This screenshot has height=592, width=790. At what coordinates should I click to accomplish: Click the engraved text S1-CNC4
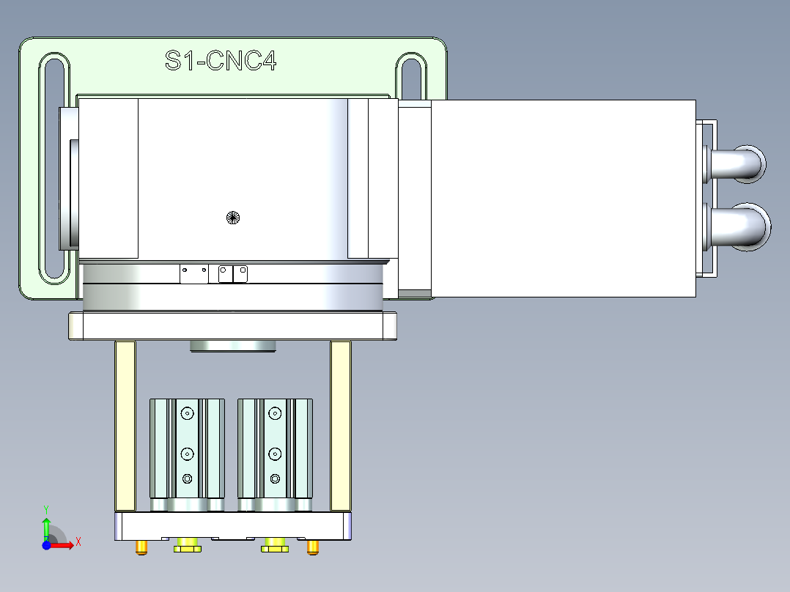[221, 61]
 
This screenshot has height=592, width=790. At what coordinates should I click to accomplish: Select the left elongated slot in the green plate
[55, 168]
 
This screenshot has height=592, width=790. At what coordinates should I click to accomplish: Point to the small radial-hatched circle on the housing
[233, 217]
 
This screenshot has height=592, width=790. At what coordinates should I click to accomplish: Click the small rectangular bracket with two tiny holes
[194, 274]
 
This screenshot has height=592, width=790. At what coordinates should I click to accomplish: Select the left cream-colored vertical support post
[125, 426]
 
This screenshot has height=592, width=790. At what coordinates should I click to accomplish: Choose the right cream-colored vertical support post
[340, 426]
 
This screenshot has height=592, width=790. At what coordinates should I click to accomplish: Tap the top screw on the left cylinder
[188, 414]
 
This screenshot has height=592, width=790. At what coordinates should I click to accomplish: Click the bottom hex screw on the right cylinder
[275, 478]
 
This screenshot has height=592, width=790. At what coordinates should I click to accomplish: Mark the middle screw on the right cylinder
[275, 453]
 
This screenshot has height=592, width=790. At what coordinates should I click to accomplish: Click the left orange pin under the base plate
[141, 547]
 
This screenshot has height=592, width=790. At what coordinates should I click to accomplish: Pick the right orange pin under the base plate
[313, 547]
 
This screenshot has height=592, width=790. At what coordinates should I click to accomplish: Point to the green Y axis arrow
[45, 525]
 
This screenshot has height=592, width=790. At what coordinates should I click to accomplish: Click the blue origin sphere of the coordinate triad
[46, 544]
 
